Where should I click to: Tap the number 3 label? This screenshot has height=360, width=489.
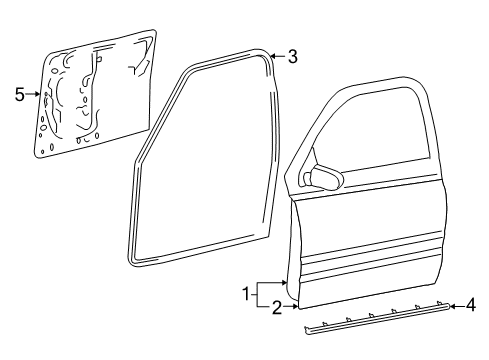(292, 57)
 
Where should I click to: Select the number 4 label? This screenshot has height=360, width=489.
(472, 307)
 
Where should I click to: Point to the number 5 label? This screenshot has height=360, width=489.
(19, 94)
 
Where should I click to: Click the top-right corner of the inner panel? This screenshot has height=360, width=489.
(155, 33)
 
